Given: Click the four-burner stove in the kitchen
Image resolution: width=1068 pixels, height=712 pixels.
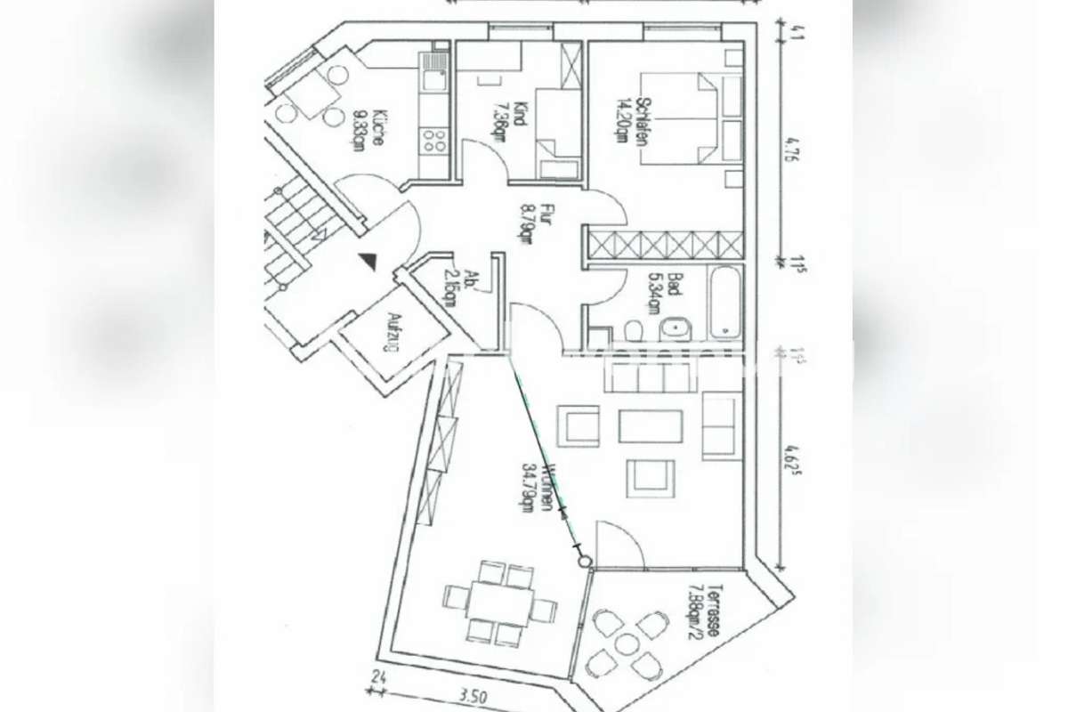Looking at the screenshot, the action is (434, 141).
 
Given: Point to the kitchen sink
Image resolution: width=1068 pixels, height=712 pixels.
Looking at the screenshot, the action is (433, 71).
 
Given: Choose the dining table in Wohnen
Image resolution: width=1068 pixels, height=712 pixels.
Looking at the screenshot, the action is (498, 602).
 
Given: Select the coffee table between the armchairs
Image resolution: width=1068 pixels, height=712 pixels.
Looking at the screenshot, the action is (651, 425).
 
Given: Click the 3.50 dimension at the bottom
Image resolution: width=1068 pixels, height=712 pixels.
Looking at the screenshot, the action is (471, 697).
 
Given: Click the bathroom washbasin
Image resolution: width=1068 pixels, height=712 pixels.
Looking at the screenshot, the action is (677, 328).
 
